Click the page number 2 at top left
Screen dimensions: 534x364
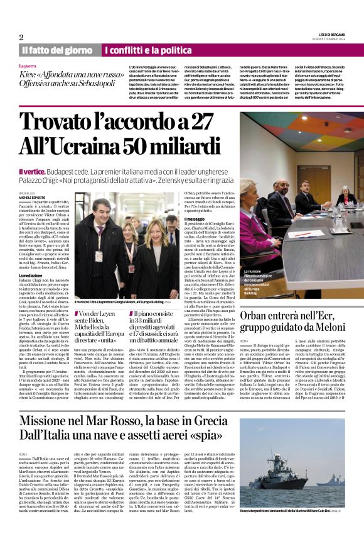point(21,37)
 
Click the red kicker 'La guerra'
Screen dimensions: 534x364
point(28,65)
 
